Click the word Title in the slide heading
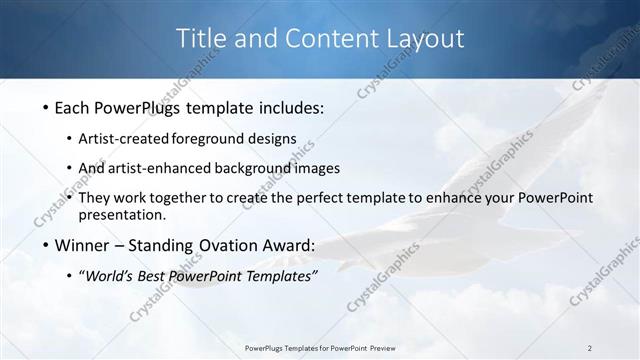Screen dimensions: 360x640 pos(201,39)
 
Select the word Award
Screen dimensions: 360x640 pos(288,245)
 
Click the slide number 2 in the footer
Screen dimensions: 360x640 pos(590,347)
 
